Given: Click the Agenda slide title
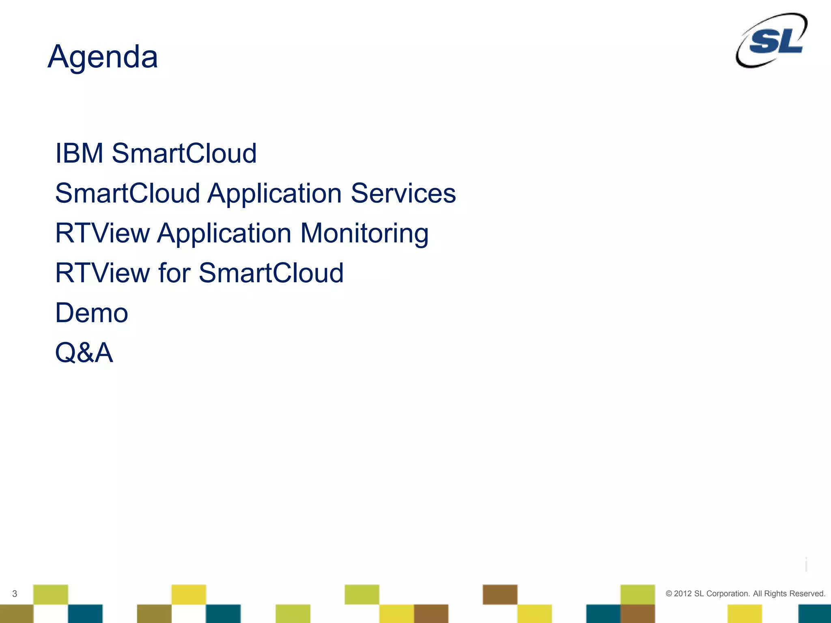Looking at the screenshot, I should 103,57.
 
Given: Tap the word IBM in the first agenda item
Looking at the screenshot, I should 79,153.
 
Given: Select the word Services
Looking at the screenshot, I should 403,193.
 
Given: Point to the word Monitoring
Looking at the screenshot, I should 364,234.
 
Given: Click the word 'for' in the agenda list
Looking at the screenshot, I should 174,273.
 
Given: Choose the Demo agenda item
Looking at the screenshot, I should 92,313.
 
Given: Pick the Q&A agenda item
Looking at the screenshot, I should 84,352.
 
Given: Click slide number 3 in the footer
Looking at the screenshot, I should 15,594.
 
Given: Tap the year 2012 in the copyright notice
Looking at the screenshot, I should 682,594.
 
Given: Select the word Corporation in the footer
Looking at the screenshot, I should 728,594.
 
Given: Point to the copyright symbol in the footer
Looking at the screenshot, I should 669,594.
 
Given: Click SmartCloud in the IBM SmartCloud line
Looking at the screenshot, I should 184,153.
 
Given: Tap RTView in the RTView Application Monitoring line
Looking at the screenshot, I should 102,233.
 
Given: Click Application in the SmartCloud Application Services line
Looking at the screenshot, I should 275,193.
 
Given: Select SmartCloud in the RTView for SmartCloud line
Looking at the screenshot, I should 271,273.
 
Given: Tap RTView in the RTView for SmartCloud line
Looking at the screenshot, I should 102,273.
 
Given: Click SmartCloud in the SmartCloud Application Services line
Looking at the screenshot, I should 127,193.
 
